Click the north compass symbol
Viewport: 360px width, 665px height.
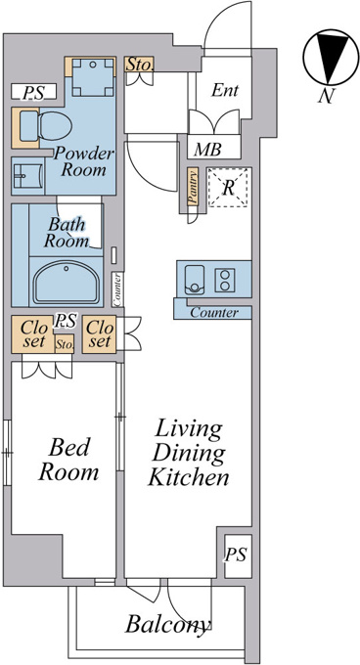pos(326,57)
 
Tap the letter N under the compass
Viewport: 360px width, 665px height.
pos(325,96)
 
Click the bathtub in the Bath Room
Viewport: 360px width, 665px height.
pos(66,282)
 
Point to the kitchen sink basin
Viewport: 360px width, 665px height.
pos(195,280)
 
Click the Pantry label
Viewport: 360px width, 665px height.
pos(193,187)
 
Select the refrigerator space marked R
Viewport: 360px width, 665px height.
pos(228,188)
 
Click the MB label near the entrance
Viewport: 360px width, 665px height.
pos(207,150)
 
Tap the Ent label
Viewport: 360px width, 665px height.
pos(225,90)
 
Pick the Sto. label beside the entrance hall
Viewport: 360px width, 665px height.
pos(139,65)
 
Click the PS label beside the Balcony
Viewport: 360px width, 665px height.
pos(236,555)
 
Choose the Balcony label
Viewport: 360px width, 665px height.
pos(168,624)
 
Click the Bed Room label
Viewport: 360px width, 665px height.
pos(68,460)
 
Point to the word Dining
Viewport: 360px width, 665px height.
pos(189,453)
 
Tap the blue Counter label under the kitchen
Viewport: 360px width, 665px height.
pos(214,313)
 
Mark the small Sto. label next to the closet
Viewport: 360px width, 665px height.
pos(65,343)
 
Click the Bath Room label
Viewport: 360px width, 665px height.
pos(67,233)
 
